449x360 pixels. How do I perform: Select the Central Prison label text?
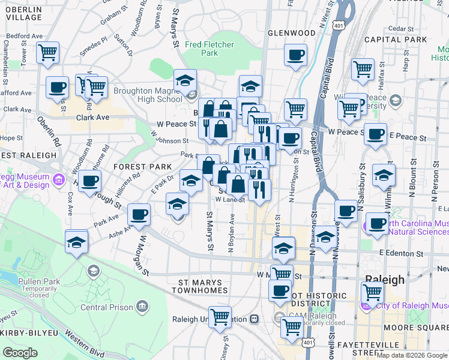[x=106, y=308]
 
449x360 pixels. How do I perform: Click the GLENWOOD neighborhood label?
[x=292, y=33]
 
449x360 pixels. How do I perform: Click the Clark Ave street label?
[x=92, y=118]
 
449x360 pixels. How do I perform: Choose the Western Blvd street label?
[x=74, y=347]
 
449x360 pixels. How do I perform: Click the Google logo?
[x=20, y=353]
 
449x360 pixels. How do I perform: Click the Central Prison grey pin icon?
[x=142, y=307]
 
